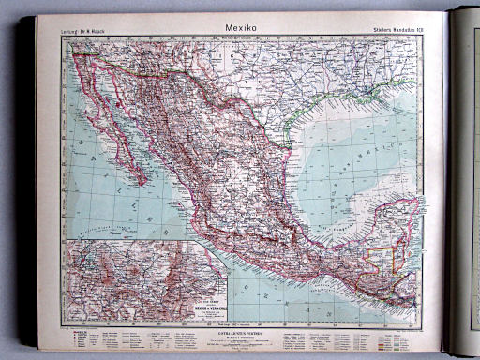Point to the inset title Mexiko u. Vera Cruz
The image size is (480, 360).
pos(209,299)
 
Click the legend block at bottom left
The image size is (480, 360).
pos(103,337)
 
